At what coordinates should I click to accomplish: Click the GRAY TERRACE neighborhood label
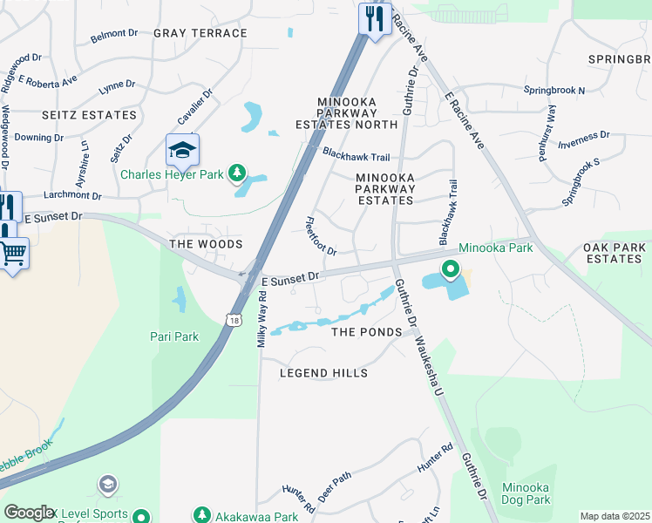click(200, 33)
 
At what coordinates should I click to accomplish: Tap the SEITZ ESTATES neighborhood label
click(90, 115)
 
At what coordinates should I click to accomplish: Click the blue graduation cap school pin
click(183, 152)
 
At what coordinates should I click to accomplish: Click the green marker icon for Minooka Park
click(450, 269)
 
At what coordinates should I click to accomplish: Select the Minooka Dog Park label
click(526, 493)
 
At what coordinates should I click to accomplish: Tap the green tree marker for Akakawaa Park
click(202, 515)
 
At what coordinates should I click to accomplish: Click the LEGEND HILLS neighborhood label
click(323, 373)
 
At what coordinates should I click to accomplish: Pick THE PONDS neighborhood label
click(366, 332)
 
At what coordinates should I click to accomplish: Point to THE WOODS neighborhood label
click(206, 244)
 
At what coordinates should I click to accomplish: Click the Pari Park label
click(174, 336)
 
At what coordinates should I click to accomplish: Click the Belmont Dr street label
click(114, 36)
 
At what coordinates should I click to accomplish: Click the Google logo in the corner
click(29, 513)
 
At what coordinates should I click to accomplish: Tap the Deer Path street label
click(335, 487)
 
